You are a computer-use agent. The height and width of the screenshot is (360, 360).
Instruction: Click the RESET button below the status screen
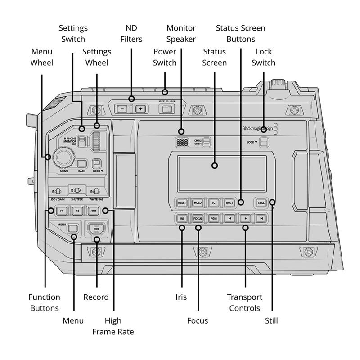(182, 203)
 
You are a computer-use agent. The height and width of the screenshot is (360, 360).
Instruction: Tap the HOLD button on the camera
(198, 203)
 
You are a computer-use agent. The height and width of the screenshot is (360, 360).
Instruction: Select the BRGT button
(229, 203)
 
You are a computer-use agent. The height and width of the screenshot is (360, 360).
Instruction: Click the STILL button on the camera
(261, 203)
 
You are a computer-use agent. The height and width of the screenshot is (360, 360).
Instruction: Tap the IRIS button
(182, 219)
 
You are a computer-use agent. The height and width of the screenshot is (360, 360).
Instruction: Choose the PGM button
(213, 219)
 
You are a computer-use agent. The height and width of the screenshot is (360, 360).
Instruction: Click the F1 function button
(62, 210)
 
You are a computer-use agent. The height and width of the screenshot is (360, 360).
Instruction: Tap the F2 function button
(77, 210)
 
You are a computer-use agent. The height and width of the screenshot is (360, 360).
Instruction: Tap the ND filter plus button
(140, 109)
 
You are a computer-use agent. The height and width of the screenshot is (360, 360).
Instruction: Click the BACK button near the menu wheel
(81, 164)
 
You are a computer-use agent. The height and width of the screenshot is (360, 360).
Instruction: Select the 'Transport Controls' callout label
(244, 302)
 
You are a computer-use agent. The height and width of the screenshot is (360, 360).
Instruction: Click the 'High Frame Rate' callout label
(113, 326)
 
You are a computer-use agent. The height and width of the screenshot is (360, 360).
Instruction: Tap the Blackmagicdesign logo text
(257, 128)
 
